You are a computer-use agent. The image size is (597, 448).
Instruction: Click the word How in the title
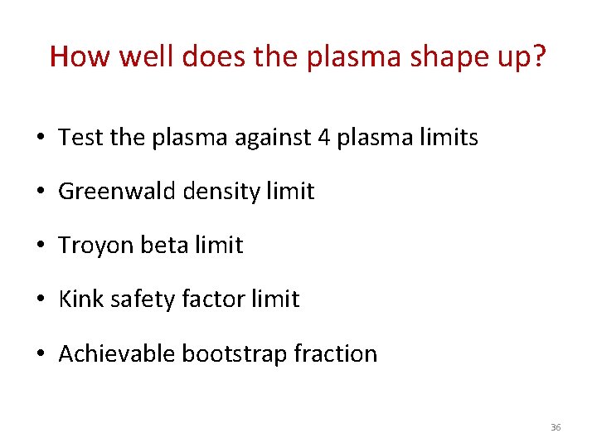[77, 56]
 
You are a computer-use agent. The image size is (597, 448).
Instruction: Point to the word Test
[81, 138]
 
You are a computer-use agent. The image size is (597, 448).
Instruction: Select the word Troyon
[91, 246]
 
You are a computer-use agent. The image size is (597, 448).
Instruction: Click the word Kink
[80, 299]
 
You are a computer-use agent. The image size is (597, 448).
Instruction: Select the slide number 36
[556, 427]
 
